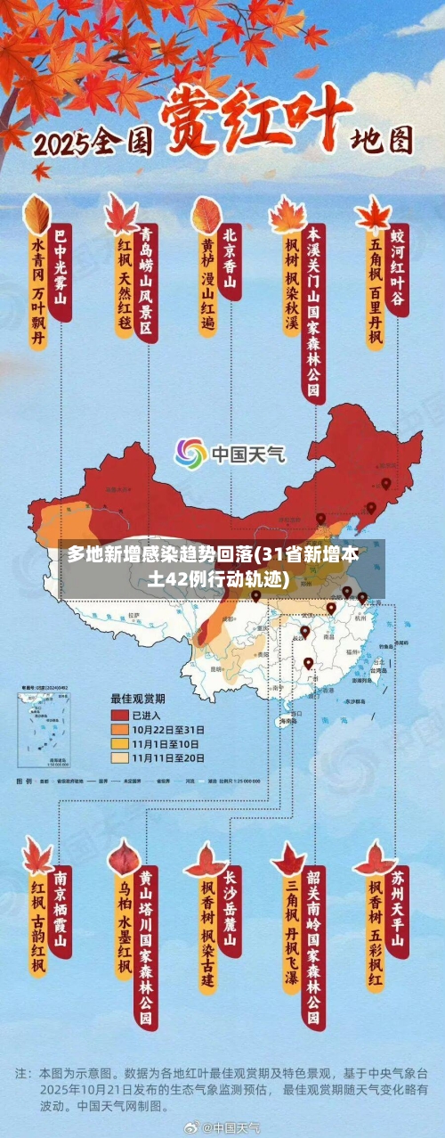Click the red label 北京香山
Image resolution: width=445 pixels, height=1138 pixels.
coord(231,258)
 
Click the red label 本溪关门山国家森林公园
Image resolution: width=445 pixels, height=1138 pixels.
coord(314,311)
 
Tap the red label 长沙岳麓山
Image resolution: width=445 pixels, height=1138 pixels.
coord(231,910)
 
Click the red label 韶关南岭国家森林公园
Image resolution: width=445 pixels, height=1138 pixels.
coord(313,948)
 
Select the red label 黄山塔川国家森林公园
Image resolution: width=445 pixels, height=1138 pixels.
coord(145,948)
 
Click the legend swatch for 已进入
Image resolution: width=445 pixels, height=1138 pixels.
coord(119,715)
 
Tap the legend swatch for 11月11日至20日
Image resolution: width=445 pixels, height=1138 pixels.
coord(119,757)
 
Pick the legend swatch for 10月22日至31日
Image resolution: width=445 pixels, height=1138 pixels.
coord(119,729)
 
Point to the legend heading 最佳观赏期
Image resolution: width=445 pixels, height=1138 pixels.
coord(138,698)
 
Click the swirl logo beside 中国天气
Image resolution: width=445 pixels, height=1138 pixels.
coord(190,454)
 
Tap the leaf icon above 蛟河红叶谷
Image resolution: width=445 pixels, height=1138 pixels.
coord(372,214)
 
